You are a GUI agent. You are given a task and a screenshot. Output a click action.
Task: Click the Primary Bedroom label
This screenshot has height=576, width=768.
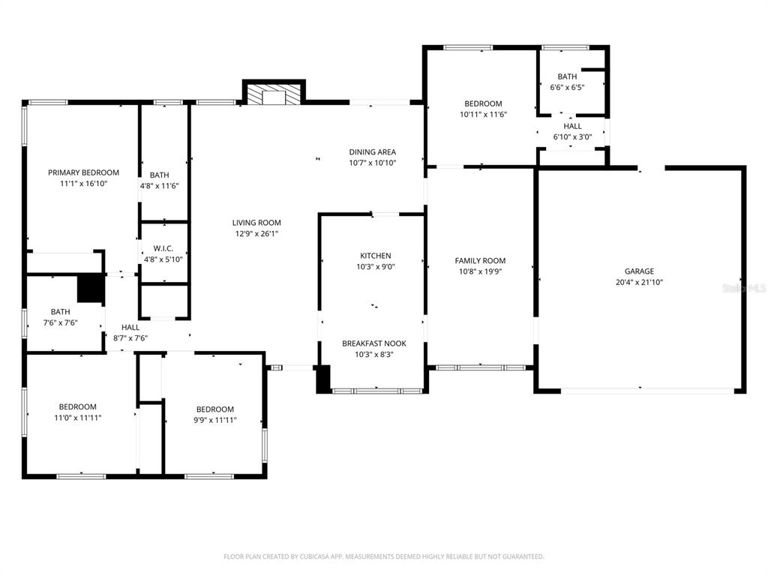tap(83, 172)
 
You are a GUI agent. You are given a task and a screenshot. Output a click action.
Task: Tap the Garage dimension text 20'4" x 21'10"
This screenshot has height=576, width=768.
tap(639, 283)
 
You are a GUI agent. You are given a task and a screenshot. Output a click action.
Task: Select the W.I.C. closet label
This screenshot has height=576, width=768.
tap(163, 247)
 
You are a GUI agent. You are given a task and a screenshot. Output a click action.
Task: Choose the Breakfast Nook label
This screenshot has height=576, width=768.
tap(373, 343)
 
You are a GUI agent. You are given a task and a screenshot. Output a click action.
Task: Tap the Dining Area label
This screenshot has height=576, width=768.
tap(372, 152)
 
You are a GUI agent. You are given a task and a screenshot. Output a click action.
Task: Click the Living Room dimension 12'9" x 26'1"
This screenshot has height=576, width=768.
tap(256, 233)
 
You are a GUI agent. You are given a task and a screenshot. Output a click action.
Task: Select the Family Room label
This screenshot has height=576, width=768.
tap(480, 261)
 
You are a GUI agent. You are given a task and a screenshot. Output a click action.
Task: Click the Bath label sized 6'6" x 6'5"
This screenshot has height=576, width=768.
tap(567, 76)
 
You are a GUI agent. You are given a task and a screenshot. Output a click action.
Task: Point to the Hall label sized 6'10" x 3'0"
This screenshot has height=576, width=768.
tap(572, 126)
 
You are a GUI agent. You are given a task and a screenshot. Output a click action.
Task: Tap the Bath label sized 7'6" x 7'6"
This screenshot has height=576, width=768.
tap(60, 312)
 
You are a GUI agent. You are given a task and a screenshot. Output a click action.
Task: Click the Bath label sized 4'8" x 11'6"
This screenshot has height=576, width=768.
tap(159, 175)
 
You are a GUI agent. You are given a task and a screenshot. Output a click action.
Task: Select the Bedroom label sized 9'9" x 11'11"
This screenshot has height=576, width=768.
tap(214, 409)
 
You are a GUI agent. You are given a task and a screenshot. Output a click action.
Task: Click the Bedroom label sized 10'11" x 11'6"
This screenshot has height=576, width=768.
tap(483, 103)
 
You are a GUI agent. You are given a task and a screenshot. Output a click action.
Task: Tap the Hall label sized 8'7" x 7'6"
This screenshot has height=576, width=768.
tap(130, 327)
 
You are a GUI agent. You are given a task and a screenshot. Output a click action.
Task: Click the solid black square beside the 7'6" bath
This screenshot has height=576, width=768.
tap(91, 289)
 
